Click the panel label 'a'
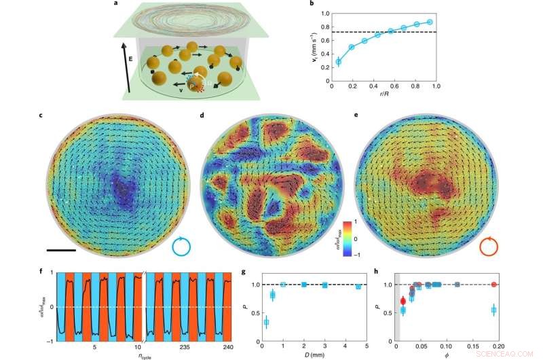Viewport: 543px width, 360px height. pyautogui.click(x=126, y=5)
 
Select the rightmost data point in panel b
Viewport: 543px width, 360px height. pyautogui.click(x=430, y=22)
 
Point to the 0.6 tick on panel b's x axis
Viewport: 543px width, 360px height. pyautogui.click(x=394, y=87)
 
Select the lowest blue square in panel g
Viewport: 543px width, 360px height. pyautogui.click(x=266, y=322)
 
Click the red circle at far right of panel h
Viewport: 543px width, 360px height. pyautogui.click(x=494, y=284)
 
